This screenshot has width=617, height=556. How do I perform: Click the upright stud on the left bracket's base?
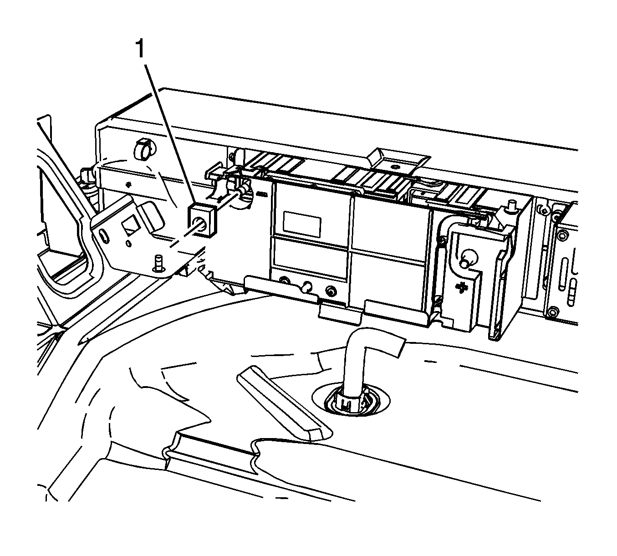click(x=159, y=263)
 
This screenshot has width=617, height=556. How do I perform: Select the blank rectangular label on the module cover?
click(x=302, y=224)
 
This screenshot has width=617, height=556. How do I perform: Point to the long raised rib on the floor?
click(x=284, y=403)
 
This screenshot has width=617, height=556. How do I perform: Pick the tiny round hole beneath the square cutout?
click(x=128, y=244)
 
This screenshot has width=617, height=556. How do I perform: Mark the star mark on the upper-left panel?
click(x=128, y=184)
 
